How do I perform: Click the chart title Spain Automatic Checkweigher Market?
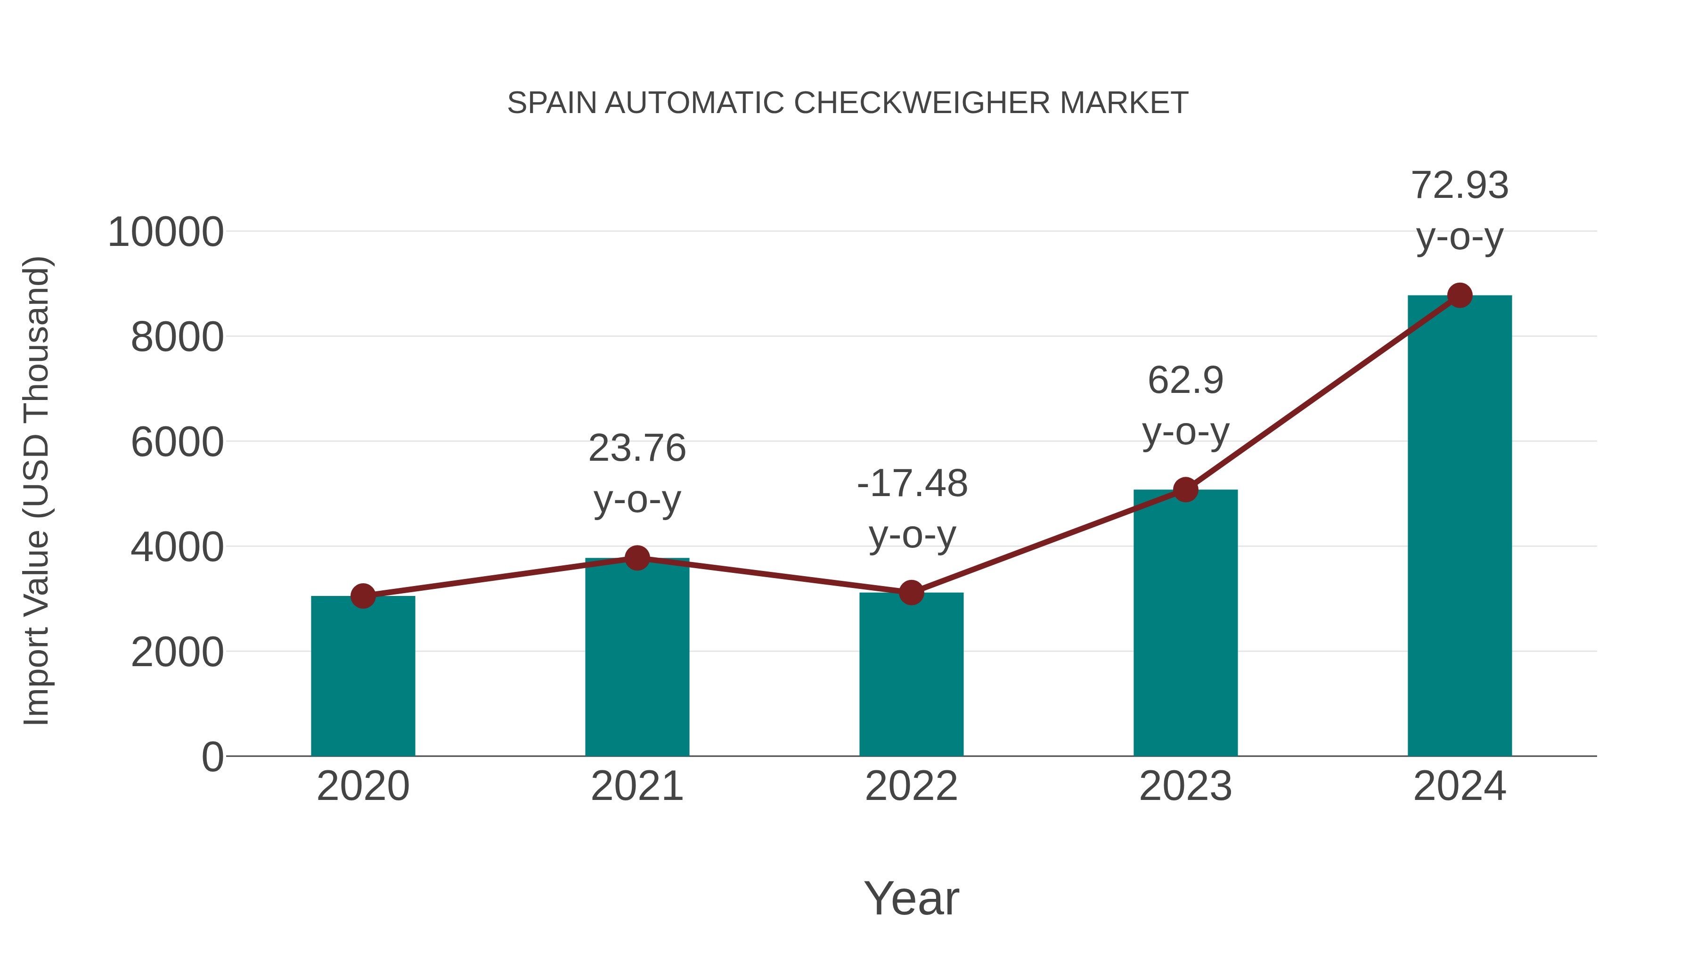coord(848,103)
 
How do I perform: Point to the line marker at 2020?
coord(363,596)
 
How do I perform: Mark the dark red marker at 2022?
coord(911,593)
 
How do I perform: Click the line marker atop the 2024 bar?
coord(1460,295)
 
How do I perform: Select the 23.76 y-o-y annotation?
coord(636,473)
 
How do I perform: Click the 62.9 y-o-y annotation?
coord(1185,406)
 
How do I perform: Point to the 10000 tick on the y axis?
coord(165,232)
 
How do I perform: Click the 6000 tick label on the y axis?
coord(177,442)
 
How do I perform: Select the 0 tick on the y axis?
coord(212,757)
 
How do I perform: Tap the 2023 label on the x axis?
coord(1185,786)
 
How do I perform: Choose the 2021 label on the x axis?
coord(636,786)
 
